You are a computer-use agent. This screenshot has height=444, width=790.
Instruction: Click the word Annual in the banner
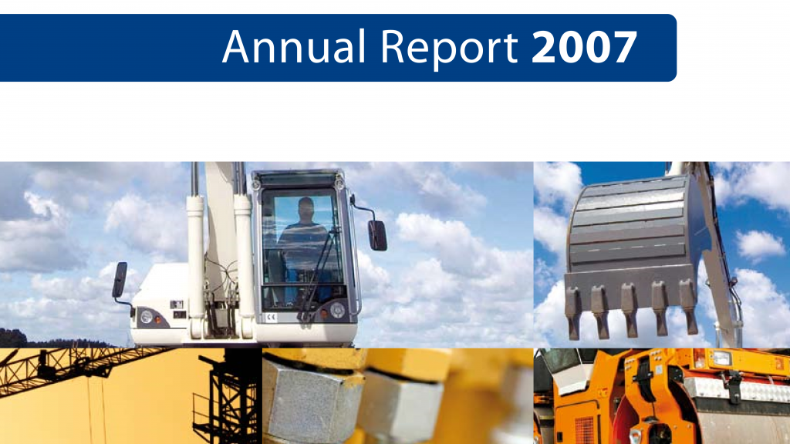tap(293, 47)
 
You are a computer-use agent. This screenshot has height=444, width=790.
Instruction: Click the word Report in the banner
tap(449, 49)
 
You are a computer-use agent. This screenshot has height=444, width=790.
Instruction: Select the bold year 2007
tap(584, 47)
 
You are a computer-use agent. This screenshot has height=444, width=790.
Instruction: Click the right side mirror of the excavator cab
tap(376, 235)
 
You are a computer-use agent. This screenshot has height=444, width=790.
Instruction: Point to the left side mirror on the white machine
tap(120, 280)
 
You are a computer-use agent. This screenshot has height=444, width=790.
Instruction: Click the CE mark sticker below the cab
tap(271, 317)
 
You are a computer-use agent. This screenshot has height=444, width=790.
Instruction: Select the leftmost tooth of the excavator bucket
tap(573, 312)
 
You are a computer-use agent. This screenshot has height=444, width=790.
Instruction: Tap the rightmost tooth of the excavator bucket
tap(689, 307)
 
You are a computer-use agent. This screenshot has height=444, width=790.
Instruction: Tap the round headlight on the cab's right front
tap(338, 310)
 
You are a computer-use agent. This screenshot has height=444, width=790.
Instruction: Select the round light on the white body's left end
tap(147, 317)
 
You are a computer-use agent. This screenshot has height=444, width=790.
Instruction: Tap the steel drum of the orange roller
tap(746, 425)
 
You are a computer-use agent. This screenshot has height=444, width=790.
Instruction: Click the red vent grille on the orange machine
tap(585, 430)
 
